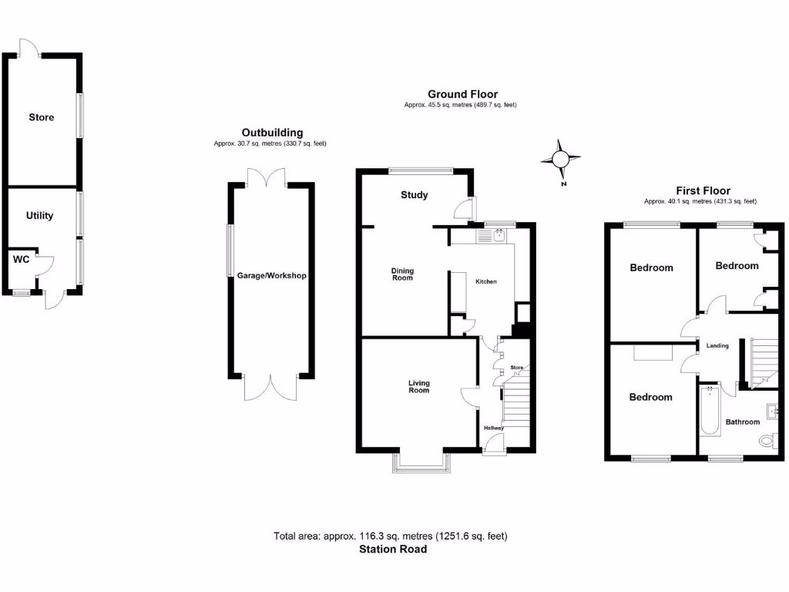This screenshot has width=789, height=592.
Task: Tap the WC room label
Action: [21, 260]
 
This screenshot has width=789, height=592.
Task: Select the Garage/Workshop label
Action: [271, 275]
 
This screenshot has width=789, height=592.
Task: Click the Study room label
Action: [414, 195]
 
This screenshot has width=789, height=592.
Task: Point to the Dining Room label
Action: [402, 274]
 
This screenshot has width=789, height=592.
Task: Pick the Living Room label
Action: [418, 386]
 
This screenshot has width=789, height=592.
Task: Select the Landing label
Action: [717, 345]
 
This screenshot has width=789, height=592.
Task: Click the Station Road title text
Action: [392, 550]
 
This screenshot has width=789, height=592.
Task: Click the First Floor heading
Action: [703, 190]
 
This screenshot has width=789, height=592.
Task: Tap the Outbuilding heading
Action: [272, 133]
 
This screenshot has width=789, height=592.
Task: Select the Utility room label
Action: [39, 216]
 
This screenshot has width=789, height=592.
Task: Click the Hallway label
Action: [493, 428]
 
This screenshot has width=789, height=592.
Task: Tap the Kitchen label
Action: [485, 281]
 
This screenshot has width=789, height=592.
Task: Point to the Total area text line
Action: [391, 536]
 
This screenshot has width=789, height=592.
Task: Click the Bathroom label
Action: [743, 422]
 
